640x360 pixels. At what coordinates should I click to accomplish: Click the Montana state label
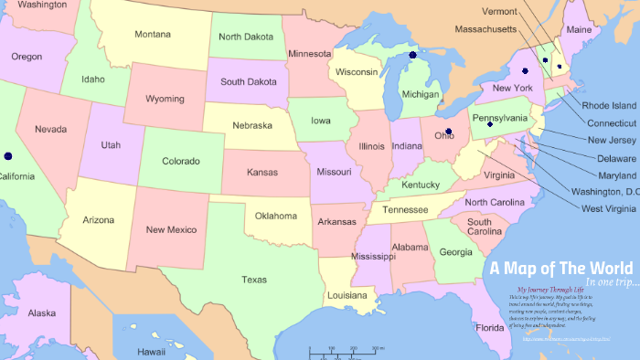pyautogui.click(x=153, y=35)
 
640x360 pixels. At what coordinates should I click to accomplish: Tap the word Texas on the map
pyautogui.click(x=254, y=280)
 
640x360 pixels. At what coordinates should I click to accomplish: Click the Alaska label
pyautogui.click(x=41, y=313)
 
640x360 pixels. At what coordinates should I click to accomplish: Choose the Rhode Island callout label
pyautogui.click(x=609, y=105)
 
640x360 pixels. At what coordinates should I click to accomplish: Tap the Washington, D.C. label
pyautogui.click(x=604, y=192)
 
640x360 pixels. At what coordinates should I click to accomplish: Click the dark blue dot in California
pyautogui.click(x=8, y=156)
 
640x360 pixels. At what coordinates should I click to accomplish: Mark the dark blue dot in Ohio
pyautogui.click(x=448, y=132)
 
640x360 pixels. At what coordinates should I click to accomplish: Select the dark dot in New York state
pyautogui.click(x=525, y=70)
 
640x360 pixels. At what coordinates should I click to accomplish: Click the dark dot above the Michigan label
pyautogui.click(x=412, y=56)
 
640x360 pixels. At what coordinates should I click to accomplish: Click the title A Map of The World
pyautogui.click(x=560, y=269)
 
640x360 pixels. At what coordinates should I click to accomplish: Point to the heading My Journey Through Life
pyautogui.click(x=546, y=291)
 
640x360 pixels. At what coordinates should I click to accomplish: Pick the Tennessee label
pyautogui.click(x=405, y=210)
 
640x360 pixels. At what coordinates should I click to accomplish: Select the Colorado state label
pyautogui.click(x=180, y=162)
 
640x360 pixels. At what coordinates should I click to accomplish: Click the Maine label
pyautogui.click(x=579, y=30)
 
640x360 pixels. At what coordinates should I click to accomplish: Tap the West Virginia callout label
pyautogui.click(x=608, y=209)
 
